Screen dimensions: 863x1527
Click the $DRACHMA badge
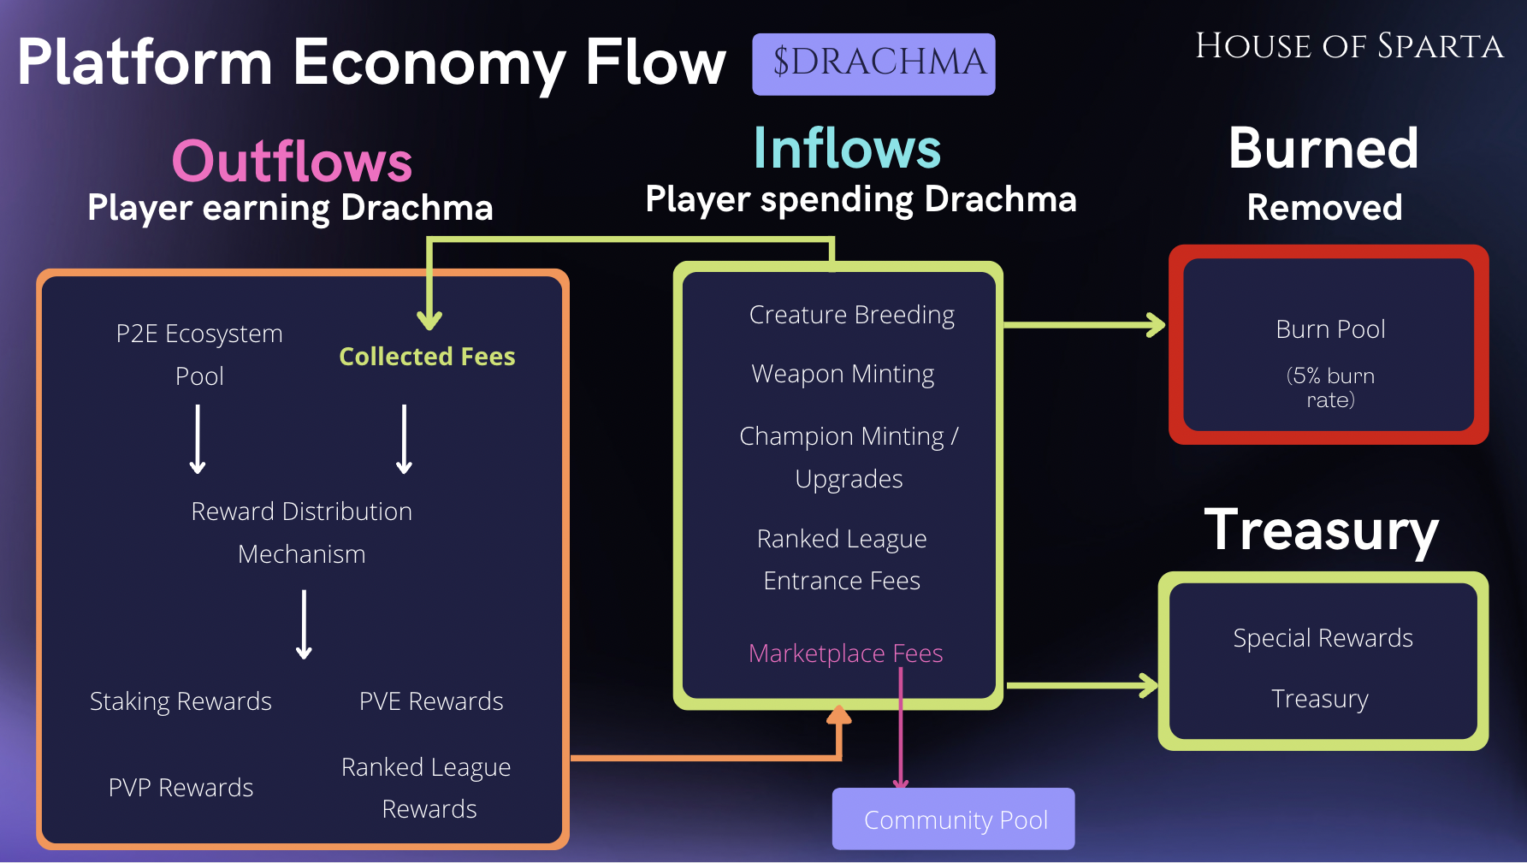pyautogui.click(x=873, y=64)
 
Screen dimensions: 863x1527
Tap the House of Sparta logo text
pyautogui.click(x=1349, y=46)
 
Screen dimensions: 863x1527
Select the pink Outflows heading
pyautogui.click(x=292, y=161)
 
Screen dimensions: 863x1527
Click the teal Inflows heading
pyautogui.click(x=847, y=149)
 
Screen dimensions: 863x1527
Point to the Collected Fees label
pyautogui.click(x=427, y=357)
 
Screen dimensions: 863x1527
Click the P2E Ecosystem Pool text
pyautogui.click(x=199, y=354)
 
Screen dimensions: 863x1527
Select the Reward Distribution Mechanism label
pyautogui.click(x=301, y=532)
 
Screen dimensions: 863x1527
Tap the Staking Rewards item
pyautogui.click(x=181, y=701)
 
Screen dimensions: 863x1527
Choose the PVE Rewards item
pyautogui.click(x=431, y=701)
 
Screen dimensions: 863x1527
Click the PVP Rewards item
pyautogui.click(x=181, y=788)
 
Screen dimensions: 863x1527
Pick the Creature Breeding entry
pyautogui.click(x=851, y=315)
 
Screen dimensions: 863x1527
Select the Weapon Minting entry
pyautogui.click(x=843, y=374)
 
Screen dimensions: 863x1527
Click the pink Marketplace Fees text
pyautogui.click(x=845, y=653)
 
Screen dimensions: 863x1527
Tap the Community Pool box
pyautogui.click(x=953, y=819)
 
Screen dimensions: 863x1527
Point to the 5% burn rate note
pyautogui.click(x=1330, y=387)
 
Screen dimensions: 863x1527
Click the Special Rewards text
pyautogui.click(x=1323, y=638)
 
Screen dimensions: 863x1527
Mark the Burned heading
pyautogui.click(x=1323, y=149)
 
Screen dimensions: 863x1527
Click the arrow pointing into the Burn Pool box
pyautogui.click(x=1085, y=325)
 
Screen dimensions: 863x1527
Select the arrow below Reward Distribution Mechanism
pyautogui.click(x=304, y=624)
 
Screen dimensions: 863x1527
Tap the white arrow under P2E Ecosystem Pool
pyautogui.click(x=198, y=439)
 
